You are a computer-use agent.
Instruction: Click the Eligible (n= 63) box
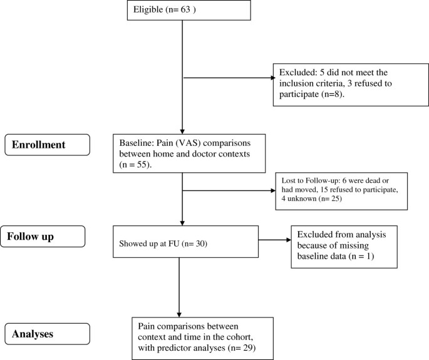(181, 11)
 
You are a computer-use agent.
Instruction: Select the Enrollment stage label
(43, 144)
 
